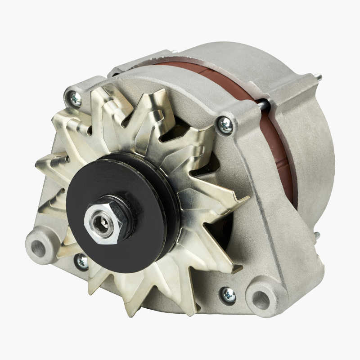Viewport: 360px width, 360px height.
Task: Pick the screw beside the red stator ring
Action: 225,125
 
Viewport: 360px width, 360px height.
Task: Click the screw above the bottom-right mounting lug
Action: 228,295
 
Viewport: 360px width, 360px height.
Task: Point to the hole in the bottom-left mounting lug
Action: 39,248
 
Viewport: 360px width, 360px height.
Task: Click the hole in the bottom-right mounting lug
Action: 261,300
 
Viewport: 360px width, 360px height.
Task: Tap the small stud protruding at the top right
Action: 319,77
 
